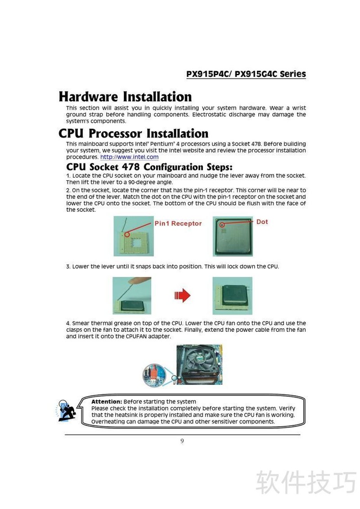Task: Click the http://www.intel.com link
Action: (x=129, y=157)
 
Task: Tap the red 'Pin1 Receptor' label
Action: (x=178, y=223)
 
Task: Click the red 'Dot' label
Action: (x=262, y=222)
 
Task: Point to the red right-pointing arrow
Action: (x=182, y=295)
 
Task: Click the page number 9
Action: (x=182, y=441)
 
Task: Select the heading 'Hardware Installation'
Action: (x=125, y=97)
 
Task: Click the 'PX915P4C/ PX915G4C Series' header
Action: (x=246, y=74)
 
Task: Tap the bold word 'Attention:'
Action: (x=107, y=402)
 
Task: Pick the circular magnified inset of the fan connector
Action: (x=154, y=375)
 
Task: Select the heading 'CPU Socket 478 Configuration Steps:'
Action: (x=149, y=167)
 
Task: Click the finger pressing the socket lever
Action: (x=139, y=281)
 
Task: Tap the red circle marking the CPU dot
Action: (x=222, y=225)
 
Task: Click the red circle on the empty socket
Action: (x=127, y=234)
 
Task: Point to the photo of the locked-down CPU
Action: (x=232, y=296)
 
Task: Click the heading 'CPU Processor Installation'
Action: (x=133, y=134)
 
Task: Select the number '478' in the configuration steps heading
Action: (x=130, y=167)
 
